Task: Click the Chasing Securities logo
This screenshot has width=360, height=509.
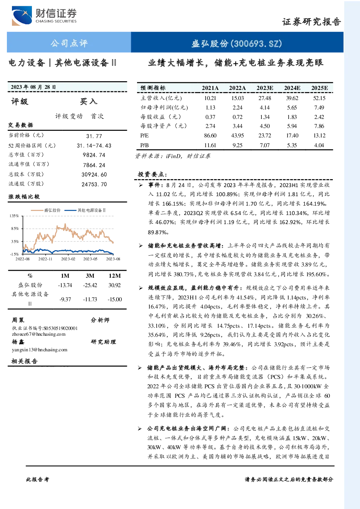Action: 44,16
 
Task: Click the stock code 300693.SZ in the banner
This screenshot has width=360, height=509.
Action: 256,44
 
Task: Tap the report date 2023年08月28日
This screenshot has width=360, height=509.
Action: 33,87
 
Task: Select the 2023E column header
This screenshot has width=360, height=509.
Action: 265,88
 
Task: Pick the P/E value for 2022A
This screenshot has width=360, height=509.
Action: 237,136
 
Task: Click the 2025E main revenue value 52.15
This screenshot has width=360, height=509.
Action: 319,98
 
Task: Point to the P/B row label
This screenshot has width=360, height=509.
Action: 144,145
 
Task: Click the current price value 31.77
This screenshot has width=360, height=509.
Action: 94,136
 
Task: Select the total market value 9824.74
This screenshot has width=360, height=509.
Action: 94,155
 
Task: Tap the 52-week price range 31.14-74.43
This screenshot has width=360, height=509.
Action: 94,146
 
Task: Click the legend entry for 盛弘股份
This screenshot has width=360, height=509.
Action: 46,210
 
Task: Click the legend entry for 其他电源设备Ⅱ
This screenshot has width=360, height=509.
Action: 85,210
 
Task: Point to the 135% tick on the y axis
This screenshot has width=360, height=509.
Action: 14,216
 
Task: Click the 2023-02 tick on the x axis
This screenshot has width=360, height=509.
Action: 68,259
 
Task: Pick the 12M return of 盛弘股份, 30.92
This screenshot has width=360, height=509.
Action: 114,285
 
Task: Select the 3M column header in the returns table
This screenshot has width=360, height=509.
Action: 90,276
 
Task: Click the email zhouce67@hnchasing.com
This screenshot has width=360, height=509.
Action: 39,334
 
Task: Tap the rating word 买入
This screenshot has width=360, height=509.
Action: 88,102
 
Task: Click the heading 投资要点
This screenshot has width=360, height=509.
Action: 153,174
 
